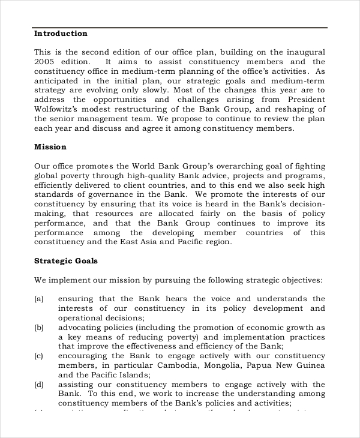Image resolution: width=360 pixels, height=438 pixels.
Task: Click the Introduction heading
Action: click(61, 34)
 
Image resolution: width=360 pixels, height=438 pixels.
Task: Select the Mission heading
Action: click(50, 147)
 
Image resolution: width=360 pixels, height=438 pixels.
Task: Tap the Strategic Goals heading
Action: click(66, 261)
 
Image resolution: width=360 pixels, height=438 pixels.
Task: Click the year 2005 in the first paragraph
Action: click(45, 62)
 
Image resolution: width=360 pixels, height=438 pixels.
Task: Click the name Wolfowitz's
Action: click(60, 109)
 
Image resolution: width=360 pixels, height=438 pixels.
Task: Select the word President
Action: click(307, 100)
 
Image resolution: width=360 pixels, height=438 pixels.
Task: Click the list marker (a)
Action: click(39, 299)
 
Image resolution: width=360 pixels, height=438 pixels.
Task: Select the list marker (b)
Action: click(39, 328)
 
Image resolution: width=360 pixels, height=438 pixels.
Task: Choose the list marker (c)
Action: click(39, 356)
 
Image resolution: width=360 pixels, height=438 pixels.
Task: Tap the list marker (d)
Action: click(39, 385)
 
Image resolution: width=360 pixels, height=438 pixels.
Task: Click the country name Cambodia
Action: click(177, 365)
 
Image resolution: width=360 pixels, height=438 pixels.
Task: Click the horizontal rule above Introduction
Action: click(180, 28)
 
